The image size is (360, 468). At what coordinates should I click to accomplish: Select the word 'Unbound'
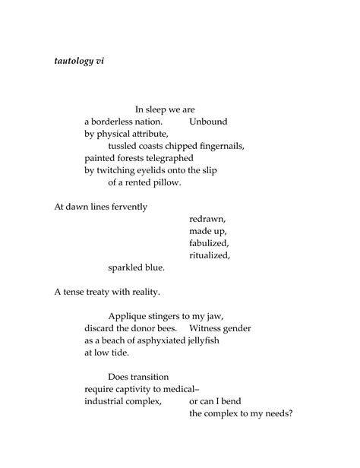(208, 121)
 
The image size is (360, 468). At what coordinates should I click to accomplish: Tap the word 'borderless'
(115, 121)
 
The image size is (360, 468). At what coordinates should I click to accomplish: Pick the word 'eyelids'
(167, 170)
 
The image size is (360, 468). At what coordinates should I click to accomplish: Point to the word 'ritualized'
(210, 255)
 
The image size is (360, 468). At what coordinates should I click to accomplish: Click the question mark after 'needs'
(291, 413)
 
